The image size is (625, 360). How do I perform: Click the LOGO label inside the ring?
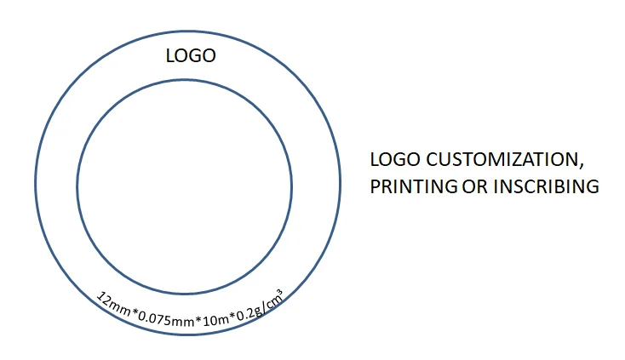(x=191, y=56)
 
